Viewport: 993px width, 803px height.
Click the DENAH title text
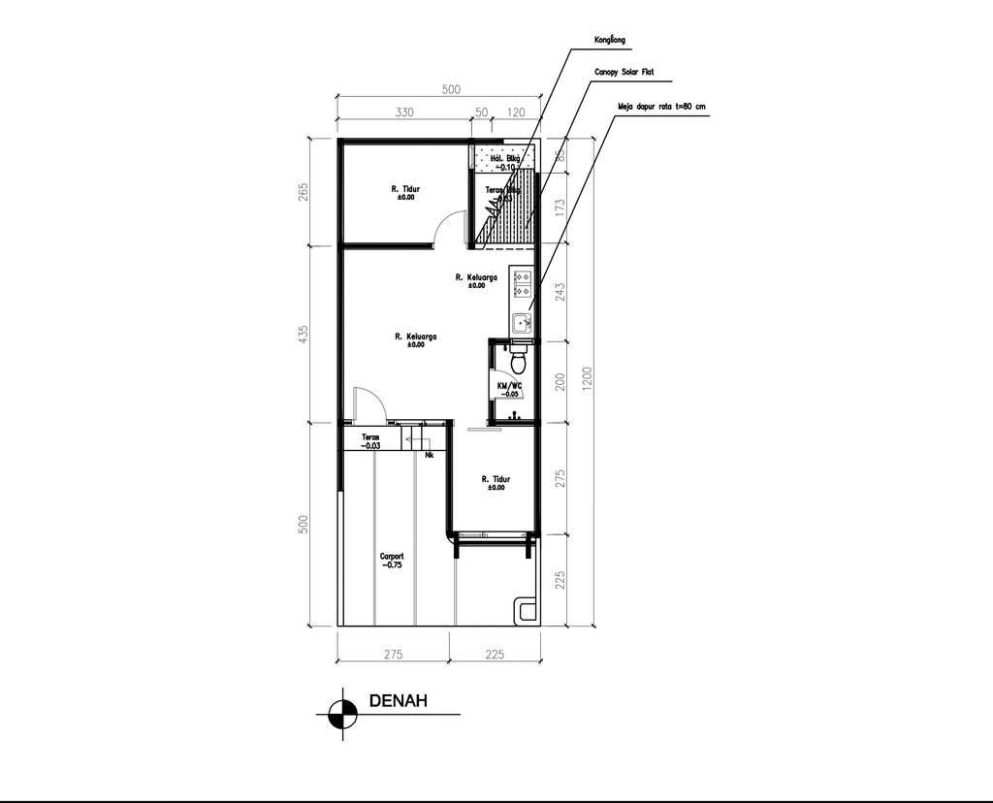click(398, 702)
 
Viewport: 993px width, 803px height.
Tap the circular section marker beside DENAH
click(340, 714)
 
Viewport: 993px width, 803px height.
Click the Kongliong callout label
click(610, 41)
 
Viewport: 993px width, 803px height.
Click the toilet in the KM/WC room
click(520, 362)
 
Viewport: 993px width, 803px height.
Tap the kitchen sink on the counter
click(522, 322)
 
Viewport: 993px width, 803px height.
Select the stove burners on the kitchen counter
click(523, 282)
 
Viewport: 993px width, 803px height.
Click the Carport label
click(392, 560)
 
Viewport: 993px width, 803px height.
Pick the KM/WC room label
click(509, 388)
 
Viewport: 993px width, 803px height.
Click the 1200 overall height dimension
click(584, 380)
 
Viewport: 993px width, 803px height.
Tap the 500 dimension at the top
click(451, 90)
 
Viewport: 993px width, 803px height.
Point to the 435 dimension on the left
click(304, 335)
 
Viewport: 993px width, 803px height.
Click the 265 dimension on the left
click(304, 192)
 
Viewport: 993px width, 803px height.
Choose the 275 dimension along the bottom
click(393, 655)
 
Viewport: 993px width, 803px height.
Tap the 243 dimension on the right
click(560, 292)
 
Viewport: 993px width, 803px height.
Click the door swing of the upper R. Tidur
click(445, 228)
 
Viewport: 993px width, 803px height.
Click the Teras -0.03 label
click(370, 441)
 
